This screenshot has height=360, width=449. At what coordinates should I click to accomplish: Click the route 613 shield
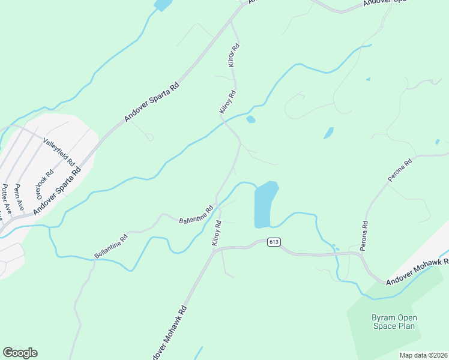(x=274, y=242)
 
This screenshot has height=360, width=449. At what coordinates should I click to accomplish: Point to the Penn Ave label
(x=19, y=195)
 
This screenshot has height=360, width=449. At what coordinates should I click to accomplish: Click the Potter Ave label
(x=5, y=200)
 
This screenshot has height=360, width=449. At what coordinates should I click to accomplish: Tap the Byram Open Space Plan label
(x=394, y=322)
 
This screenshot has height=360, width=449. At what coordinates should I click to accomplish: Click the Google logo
(x=20, y=353)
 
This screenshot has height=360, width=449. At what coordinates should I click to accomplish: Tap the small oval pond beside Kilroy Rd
(x=251, y=119)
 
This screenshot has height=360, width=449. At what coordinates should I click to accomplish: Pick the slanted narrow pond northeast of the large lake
(x=328, y=133)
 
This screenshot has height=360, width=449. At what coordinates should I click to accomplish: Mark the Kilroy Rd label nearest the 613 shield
(x=217, y=233)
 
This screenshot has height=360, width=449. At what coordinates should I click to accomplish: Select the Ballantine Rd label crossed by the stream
(x=196, y=215)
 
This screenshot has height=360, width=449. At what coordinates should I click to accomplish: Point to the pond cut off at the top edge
(x=162, y=5)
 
